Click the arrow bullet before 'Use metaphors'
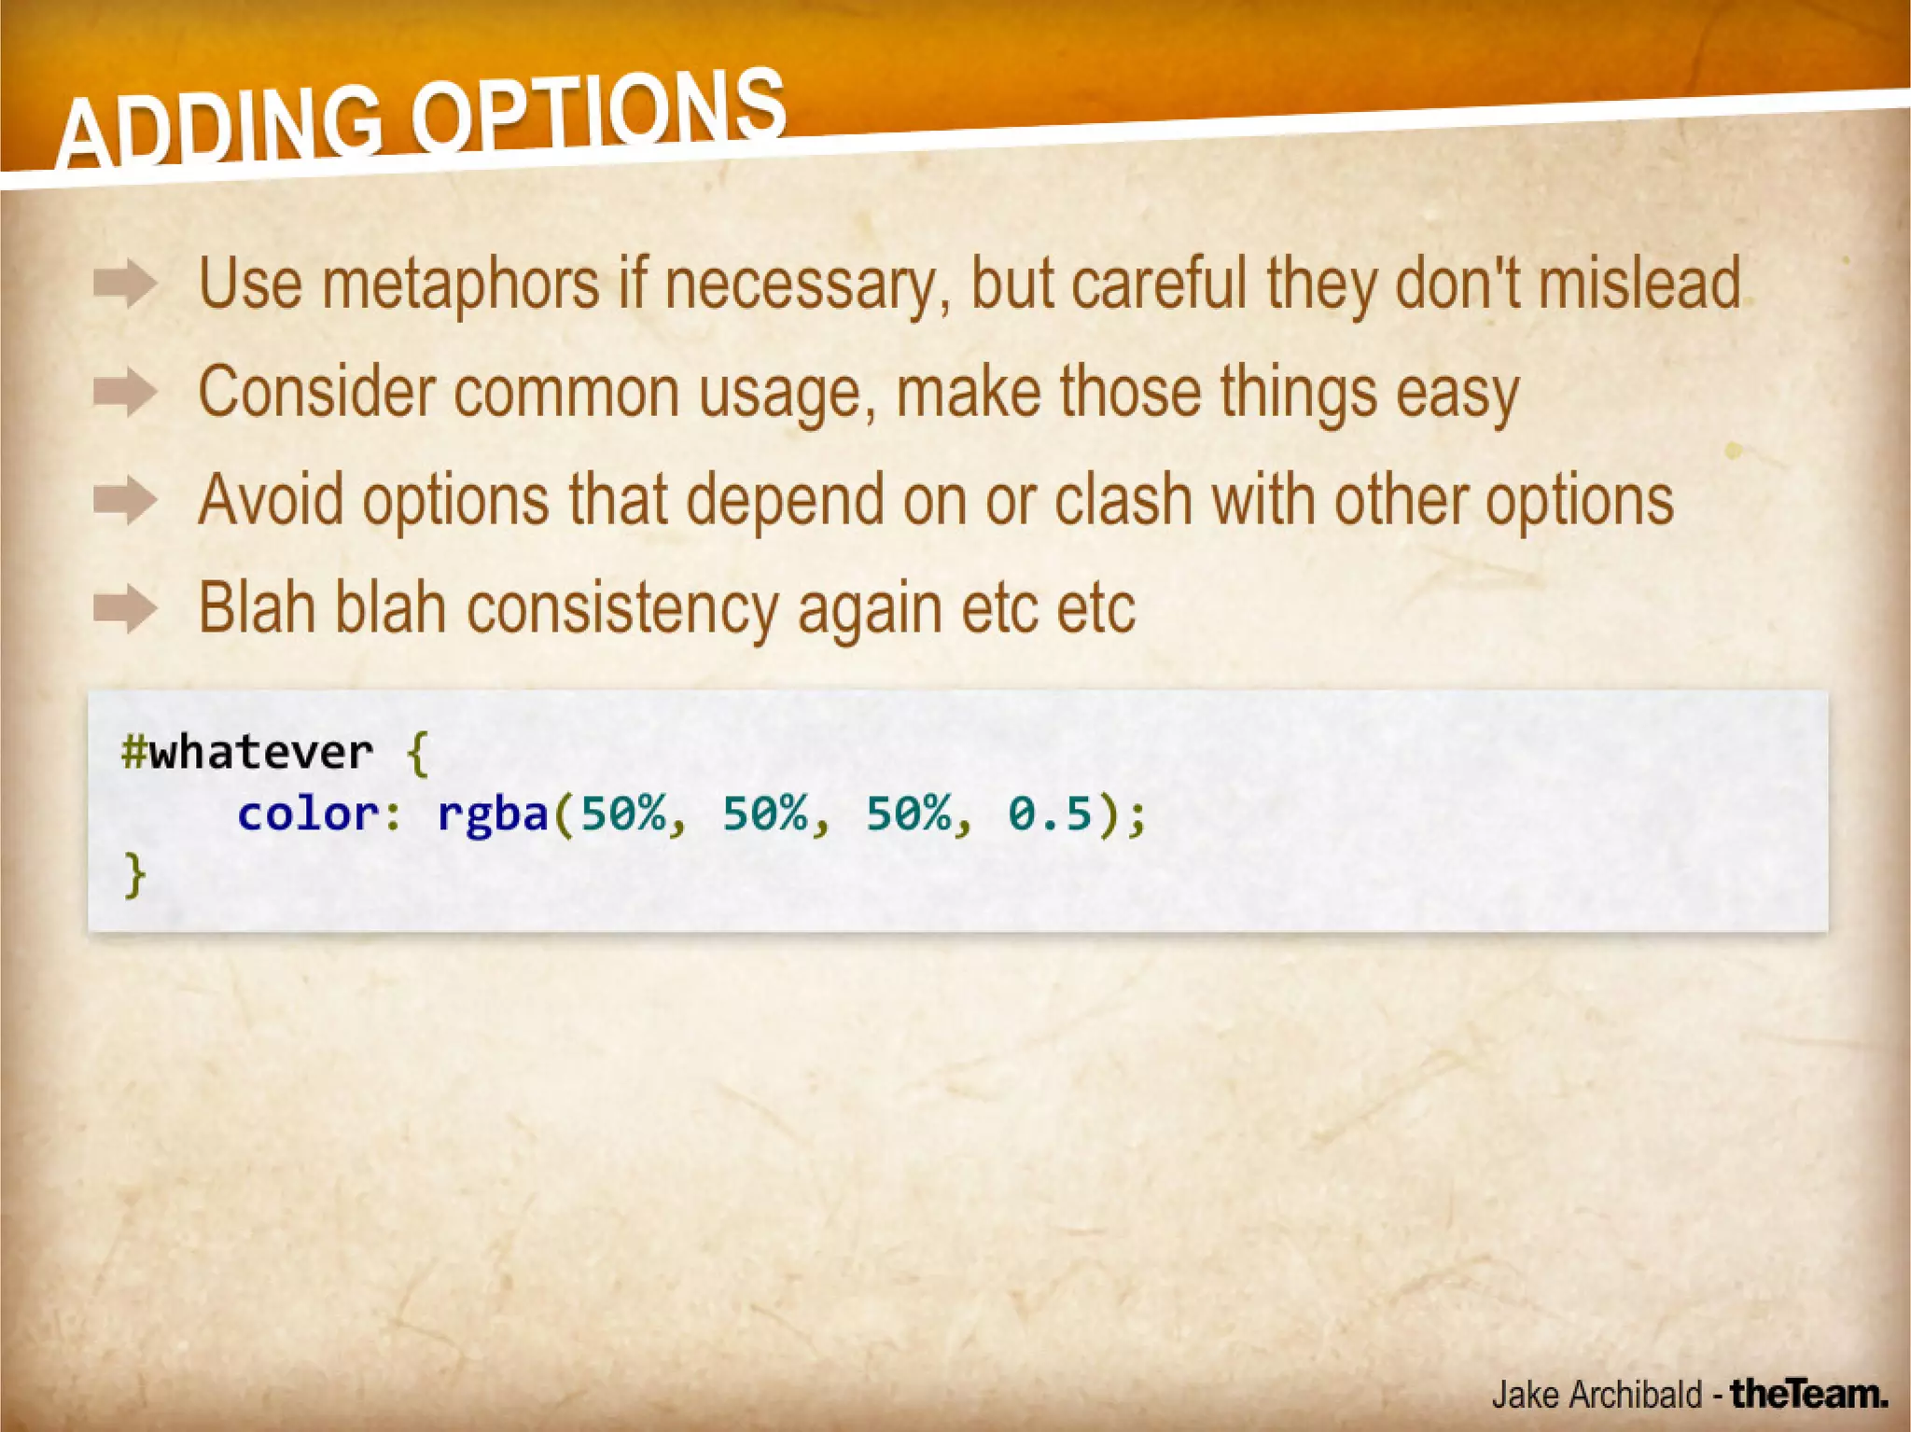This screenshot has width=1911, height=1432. tap(125, 284)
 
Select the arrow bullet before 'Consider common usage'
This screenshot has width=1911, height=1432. tap(125, 392)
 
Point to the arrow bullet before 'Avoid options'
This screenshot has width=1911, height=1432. tap(125, 501)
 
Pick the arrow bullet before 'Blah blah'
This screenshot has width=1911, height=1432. tap(125, 609)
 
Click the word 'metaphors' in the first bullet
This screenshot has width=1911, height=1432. tap(461, 284)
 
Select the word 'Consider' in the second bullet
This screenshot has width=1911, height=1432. tap(316, 392)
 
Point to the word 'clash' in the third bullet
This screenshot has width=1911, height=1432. tap(1123, 501)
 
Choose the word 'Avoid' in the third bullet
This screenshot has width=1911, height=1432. tap(271, 501)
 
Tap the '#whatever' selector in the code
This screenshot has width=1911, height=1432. tap(247, 752)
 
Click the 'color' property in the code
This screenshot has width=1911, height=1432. tap(309, 813)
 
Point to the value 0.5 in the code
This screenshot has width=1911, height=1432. tap(1050, 813)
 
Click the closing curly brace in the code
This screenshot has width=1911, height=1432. tap(135, 875)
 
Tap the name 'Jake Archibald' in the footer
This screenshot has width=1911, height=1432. tap(1597, 1394)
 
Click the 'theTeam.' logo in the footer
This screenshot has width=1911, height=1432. tap(1808, 1394)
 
